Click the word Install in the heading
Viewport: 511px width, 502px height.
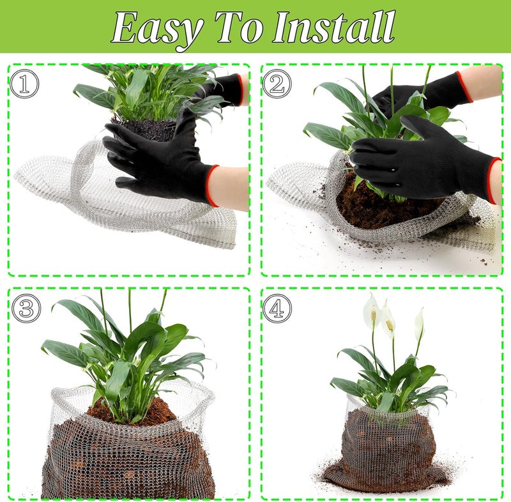coord(334,27)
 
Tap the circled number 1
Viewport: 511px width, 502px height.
coord(24,84)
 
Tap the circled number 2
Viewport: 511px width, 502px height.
coord(277,84)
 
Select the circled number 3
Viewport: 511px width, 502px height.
coord(26,308)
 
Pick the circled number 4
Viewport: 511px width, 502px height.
coord(277,308)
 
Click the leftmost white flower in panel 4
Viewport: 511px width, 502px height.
coord(371,310)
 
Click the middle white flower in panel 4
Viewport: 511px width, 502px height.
coord(388,319)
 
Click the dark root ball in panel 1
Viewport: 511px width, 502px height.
coord(145,128)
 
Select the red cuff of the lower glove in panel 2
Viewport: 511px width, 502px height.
coord(494,180)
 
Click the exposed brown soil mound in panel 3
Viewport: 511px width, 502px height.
coord(132,411)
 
